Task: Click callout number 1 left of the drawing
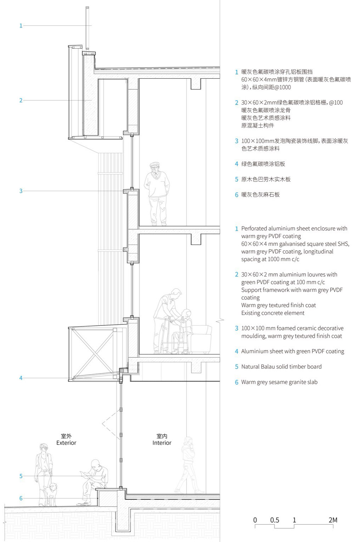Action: pos(21,26)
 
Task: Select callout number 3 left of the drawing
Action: pos(21,191)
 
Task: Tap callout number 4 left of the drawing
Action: pos(21,378)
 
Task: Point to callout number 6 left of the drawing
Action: pos(21,498)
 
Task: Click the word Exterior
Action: pos(66,443)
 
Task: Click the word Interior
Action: pos(162,443)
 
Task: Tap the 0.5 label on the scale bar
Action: pos(275,520)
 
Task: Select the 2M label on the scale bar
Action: pos(333,520)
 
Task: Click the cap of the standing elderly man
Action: pos(154,164)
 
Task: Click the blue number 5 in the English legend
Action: pos(237,367)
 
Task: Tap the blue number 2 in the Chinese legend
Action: pos(237,102)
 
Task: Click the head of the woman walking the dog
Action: pos(44,448)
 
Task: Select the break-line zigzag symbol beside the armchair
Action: pos(220,320)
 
